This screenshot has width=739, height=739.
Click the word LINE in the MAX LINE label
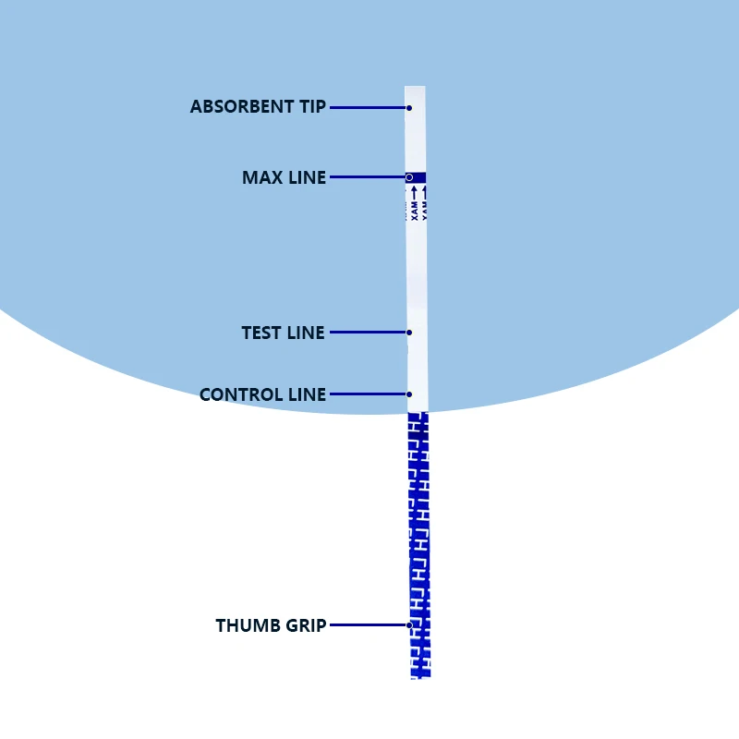point(308,177)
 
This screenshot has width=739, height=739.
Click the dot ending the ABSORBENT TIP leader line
point(409,108)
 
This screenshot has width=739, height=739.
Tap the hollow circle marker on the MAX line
point(409,176)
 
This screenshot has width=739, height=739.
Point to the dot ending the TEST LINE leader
point(409,333)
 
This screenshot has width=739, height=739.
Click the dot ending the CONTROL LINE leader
point(409,394)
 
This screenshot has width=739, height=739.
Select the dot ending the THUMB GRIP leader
point(409,625)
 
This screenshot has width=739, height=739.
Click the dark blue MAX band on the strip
point(418,177)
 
